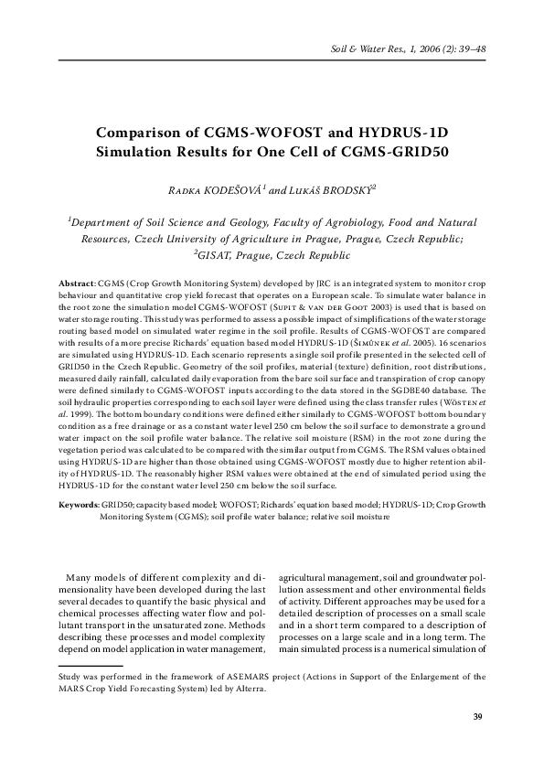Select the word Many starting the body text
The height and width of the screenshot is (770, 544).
point(82,577)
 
